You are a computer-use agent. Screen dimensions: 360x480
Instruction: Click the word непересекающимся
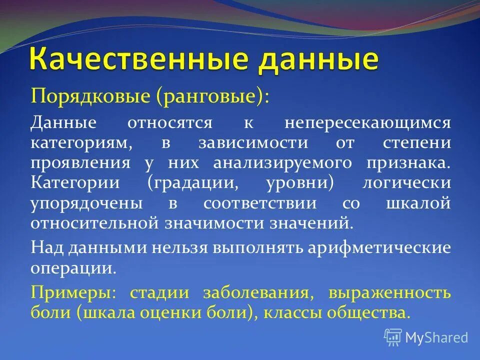click(367, 123)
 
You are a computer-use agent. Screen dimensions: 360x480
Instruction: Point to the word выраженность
click(389, 293)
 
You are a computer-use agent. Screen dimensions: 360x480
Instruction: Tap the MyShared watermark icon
click(393, 337)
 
